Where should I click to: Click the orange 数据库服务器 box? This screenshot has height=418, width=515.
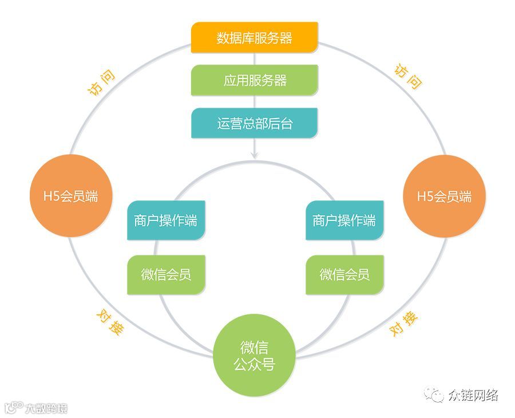click(x=254, y=38)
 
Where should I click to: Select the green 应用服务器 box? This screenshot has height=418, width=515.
click(x=254, y=80)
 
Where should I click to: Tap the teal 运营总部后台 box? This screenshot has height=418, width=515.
click(x=254, y=123)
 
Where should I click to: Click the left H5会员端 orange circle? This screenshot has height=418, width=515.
click(x=72, y=196)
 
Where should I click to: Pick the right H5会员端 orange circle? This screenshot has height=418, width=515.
click(x=445, y=196)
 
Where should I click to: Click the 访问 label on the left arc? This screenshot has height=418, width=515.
click(x=101, y=82)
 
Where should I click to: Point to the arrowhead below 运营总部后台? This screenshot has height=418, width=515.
click(x=254, y=155)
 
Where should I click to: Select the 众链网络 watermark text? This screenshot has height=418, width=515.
click(x=473, y=395)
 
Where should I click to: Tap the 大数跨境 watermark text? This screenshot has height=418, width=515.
click(x=46, y=408)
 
